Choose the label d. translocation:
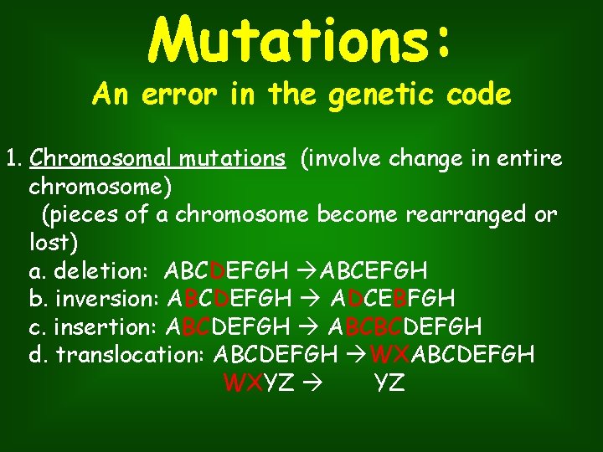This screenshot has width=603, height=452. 118,355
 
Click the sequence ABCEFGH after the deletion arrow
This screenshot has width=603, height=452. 374,271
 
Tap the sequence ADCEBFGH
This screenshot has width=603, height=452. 393,299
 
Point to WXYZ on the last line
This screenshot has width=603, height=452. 259,383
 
